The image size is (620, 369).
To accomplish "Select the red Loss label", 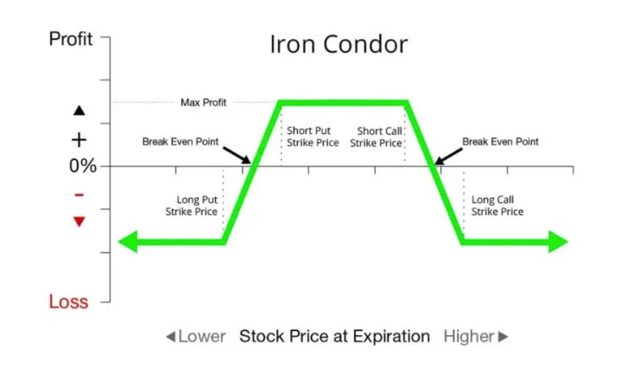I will pyautogui.click(x=69, y=302).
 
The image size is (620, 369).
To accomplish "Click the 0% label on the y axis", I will pyautogui.click(x=83, y=166).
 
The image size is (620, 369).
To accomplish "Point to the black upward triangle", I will pyautogui.click(x=79, y=111).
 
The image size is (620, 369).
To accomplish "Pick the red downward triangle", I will pyautogui.click(x=79, y=221).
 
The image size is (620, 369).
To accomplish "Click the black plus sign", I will pyautogui.click(x=79, y=139).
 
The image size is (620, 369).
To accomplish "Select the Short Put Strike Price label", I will pyautogui.click(x=313, y=137).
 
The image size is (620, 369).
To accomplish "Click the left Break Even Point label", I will pyautogui.click(x=180, y=141).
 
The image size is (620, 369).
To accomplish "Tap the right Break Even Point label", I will pyautogui.click(x=500, y=141).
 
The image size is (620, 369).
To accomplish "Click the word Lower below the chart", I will pyautogui.click(x=201, y=336).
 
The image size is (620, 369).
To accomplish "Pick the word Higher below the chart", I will pyautogui.click(x=470, y=336).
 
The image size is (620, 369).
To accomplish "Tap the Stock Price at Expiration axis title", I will pyautogui.click(x=334, y=336).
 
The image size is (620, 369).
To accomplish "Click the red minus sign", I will pyautogui.click(x=79, y=194).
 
